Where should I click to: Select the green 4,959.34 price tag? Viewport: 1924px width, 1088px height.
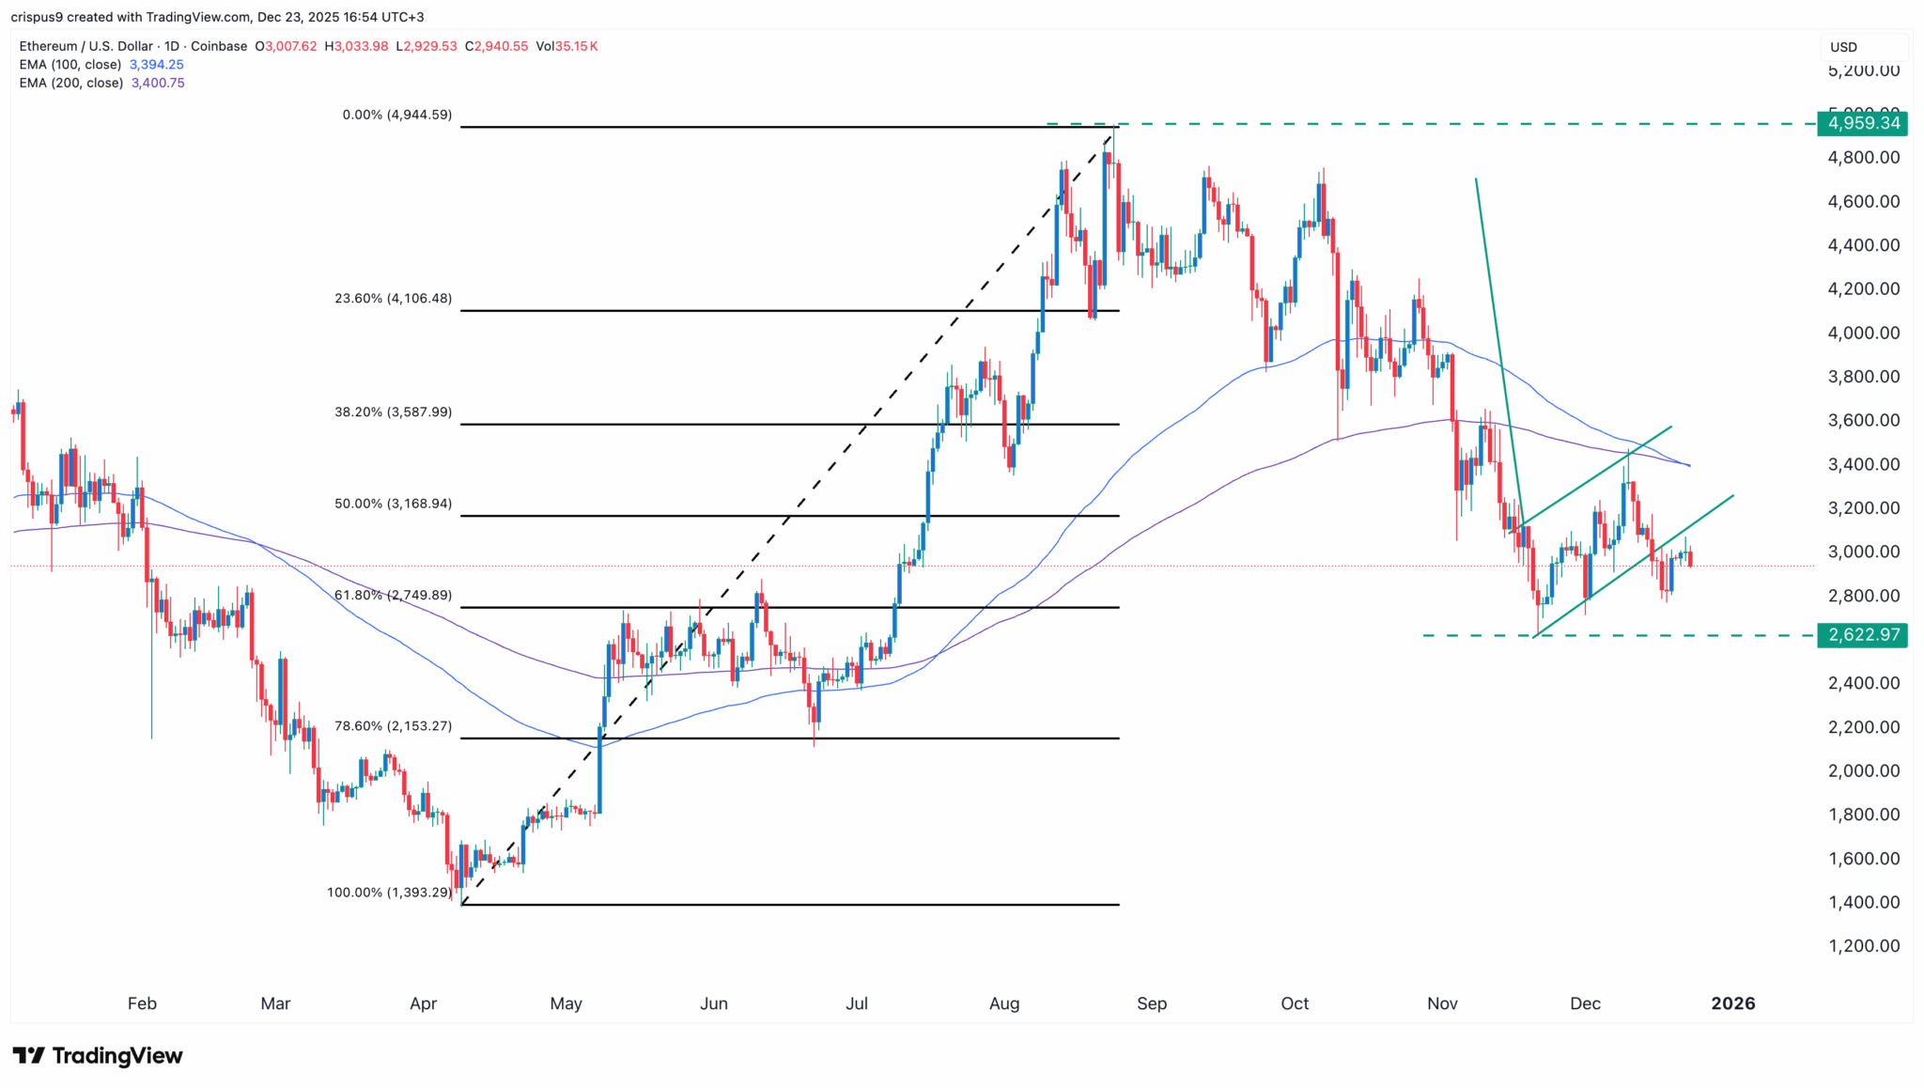click(x=1863, y=123)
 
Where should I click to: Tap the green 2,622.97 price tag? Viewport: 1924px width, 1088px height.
click(x=1863, y=635)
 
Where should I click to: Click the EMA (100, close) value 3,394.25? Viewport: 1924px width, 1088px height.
click(x=156, y=65)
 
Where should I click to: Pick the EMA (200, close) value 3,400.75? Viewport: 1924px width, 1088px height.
click(x=158, y=83)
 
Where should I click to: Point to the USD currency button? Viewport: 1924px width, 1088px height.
click(x=1843, y=47)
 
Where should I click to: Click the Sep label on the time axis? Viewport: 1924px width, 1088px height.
click(x=1152, y=1003)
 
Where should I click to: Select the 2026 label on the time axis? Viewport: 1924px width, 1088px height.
click(x=1732, y=1003)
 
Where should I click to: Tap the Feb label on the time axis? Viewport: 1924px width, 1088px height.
click(x=142, y=1003)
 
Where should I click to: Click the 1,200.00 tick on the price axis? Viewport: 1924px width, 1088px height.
click(x=1864, y=946)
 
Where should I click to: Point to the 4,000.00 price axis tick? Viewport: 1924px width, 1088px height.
click(x=1864, y=333)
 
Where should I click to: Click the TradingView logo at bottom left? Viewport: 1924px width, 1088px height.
click(x=98, y=1056)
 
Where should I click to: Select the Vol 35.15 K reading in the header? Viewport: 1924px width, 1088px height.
click(x=566, y=46)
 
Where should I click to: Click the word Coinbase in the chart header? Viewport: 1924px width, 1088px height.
click(x=218, y=46)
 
